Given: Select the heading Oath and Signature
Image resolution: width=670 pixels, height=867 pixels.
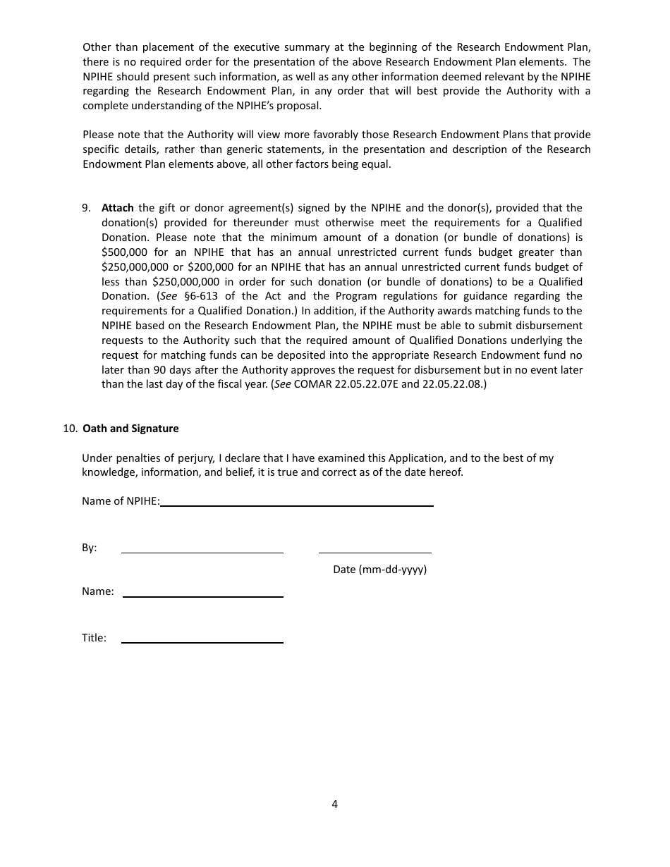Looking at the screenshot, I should tap(130, 429).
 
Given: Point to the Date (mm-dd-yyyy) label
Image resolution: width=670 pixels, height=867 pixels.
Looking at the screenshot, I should tap(379, 570).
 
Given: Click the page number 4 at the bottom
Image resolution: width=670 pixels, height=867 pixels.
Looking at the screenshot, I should tap(335, 804).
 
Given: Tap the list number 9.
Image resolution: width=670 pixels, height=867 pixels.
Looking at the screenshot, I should tap(86, 208).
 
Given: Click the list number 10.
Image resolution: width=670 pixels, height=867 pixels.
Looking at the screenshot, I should tap(70, 429).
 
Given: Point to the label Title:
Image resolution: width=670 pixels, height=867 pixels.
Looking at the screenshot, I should tap(94, 638).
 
